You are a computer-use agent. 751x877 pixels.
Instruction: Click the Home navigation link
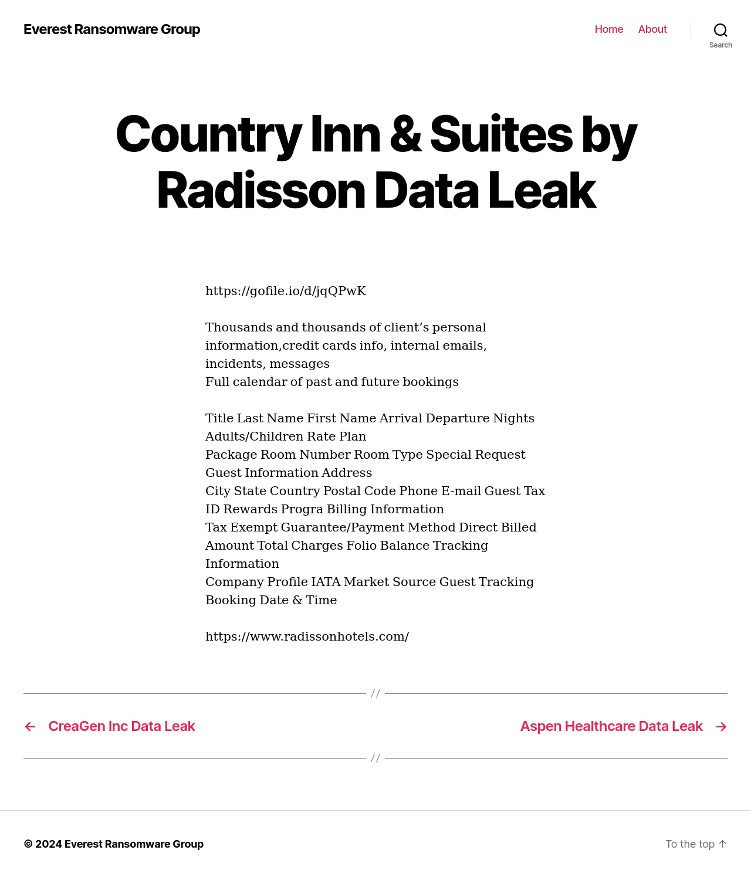(x=608, y=29)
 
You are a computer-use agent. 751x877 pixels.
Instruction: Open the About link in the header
(x=652, y=29)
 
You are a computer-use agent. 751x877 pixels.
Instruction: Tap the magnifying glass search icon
(x=720, y=30)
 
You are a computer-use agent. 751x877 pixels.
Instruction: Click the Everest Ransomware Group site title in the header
(x=111, y=29)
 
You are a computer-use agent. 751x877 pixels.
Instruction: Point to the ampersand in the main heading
(x=405, y=134)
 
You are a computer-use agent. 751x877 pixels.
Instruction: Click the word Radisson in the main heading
(x=261, y=191)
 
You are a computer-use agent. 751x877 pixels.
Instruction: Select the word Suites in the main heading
(x=501, y=134)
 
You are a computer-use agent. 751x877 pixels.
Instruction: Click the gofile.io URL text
(x=286, y=291)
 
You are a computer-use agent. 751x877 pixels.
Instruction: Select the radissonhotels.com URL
(x=307, y=636)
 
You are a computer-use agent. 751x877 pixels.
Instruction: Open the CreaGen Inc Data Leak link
(x=121, y=726)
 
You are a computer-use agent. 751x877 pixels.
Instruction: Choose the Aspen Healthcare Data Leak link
(x=611, y=726)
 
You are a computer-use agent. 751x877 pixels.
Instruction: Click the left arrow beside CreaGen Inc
(x=31, y=727)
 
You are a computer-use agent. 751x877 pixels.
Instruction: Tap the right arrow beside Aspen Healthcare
(x=721, y=727)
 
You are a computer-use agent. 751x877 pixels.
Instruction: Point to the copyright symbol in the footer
(x=28, y=844)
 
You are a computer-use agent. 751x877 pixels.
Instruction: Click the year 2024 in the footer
(x=48, y=844)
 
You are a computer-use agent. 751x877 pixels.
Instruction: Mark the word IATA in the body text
(x=326, y=582)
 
